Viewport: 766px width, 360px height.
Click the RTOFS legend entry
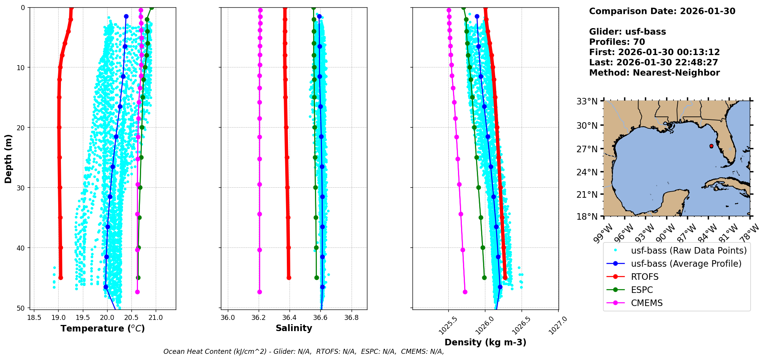click(633, 277)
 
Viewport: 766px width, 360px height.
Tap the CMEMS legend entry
click(635, 303)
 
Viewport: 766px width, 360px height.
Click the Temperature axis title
click(103, 328)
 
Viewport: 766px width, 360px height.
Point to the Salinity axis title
click(294, 328)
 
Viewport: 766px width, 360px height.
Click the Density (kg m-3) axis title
click(485, 342)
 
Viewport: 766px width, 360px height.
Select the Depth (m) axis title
click(8, 159)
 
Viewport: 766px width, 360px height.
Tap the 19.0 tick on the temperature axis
click(58, 318)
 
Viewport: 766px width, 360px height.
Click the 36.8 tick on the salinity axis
click(351, 318)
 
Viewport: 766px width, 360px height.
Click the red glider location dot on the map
click(711, 146)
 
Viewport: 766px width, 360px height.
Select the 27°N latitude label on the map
click(587, 149)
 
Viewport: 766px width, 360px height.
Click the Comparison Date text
click(662, 11)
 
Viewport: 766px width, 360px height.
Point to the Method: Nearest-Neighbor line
click(654, 73)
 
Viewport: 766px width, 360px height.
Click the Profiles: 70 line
click(617, 42)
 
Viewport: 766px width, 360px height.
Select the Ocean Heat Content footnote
click(304, 352)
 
